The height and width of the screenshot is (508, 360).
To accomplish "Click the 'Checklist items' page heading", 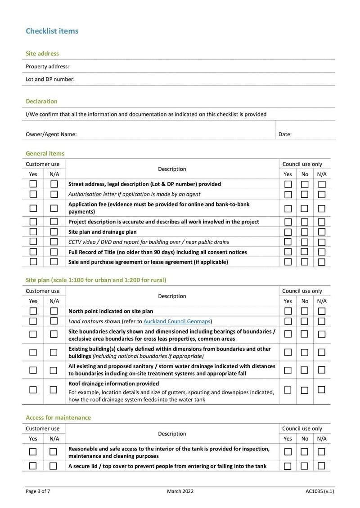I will [x=52, y=31].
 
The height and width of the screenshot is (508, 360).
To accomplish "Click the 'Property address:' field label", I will [x=47, y=67].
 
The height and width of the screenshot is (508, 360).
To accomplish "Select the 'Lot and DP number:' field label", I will [x=50, y=79].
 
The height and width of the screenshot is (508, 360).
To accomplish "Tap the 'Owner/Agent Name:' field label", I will [x=51, y=134].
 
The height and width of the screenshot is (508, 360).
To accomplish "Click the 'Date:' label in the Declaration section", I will [x=285, y=134].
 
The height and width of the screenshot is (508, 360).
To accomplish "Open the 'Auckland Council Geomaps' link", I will [x=177, y=321].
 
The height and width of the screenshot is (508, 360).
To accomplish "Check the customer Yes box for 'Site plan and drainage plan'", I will [x=33, y=232].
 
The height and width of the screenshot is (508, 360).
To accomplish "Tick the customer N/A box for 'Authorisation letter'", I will [x=54, y=194].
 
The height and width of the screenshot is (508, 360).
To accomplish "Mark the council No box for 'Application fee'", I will [x=305, y=208].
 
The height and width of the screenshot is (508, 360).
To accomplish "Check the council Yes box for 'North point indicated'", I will [x=288, y=311].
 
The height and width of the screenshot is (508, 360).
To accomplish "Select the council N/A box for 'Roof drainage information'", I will [x=321, y=389].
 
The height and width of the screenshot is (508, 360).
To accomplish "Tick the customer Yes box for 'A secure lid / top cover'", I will [x=33, y=466].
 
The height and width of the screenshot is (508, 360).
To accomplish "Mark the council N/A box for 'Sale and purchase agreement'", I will [x=322, y=262].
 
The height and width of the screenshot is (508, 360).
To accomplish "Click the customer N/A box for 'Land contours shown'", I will [x=54, y=321].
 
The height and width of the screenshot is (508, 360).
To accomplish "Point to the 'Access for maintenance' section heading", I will [x=58, y=418].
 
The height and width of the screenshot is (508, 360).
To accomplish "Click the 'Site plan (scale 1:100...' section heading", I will [x=96, y=280].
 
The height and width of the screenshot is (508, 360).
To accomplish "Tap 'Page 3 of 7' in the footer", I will [x=38, y=491].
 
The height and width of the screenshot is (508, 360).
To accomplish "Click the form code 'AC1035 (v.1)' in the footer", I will [x=319, y=491].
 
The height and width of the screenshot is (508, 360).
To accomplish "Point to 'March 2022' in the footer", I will [x=180, y=491].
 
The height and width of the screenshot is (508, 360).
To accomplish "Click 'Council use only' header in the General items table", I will [x=302, y=164].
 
